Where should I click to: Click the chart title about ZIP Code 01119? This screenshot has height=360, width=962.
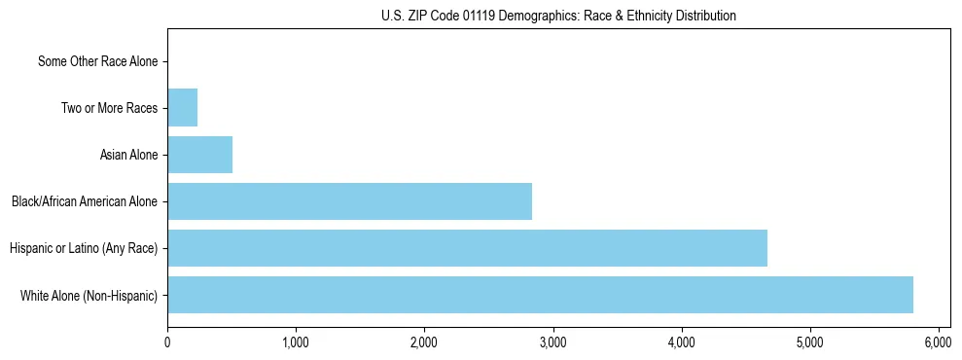[558, 16]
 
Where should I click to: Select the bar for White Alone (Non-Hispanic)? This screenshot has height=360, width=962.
[540, 295]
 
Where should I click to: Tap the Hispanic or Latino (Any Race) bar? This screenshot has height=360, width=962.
[467, 248]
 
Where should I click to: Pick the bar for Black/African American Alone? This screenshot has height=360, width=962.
[349, 201]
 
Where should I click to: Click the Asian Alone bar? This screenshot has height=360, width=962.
[199, 155]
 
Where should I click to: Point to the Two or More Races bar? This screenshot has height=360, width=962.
[182, 108]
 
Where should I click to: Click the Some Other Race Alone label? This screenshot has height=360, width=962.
[97, 61]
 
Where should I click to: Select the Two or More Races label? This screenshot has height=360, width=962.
[109, 108]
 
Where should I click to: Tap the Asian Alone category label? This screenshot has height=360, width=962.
[128, 155]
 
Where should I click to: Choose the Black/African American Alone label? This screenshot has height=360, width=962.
[85, 201]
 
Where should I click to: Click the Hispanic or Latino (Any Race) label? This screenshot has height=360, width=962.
[84, 248]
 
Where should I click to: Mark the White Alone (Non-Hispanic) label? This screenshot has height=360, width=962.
[89, 295]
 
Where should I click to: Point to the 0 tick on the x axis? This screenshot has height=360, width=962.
[167, 342]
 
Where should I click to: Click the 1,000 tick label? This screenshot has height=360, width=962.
[296, 342]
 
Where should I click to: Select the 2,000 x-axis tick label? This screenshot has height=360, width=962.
[424, 342]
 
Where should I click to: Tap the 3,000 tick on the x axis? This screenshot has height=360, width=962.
[552, 342]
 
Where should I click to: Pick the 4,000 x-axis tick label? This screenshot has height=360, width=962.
[681, 342]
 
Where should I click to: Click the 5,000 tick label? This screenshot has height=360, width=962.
[809, 342]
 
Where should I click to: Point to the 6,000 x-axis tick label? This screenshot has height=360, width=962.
[938, 342]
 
